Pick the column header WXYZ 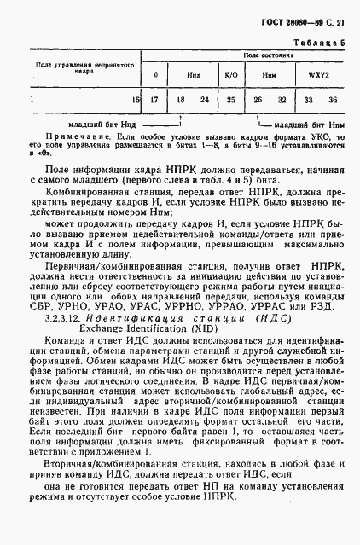[x=307, y=75]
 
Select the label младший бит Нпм [x=311, y=125]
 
